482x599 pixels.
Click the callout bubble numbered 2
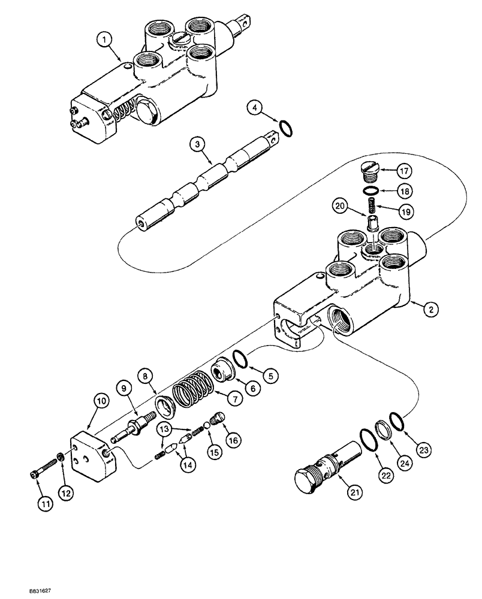[x=429, y=310]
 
